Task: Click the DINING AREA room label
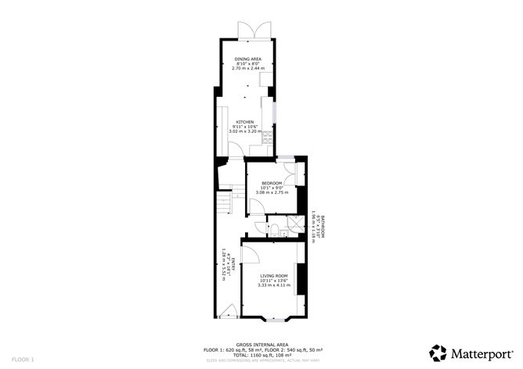(x=247, y=59)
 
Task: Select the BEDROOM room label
(x=272, y=183)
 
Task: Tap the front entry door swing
(x=228, y=310)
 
